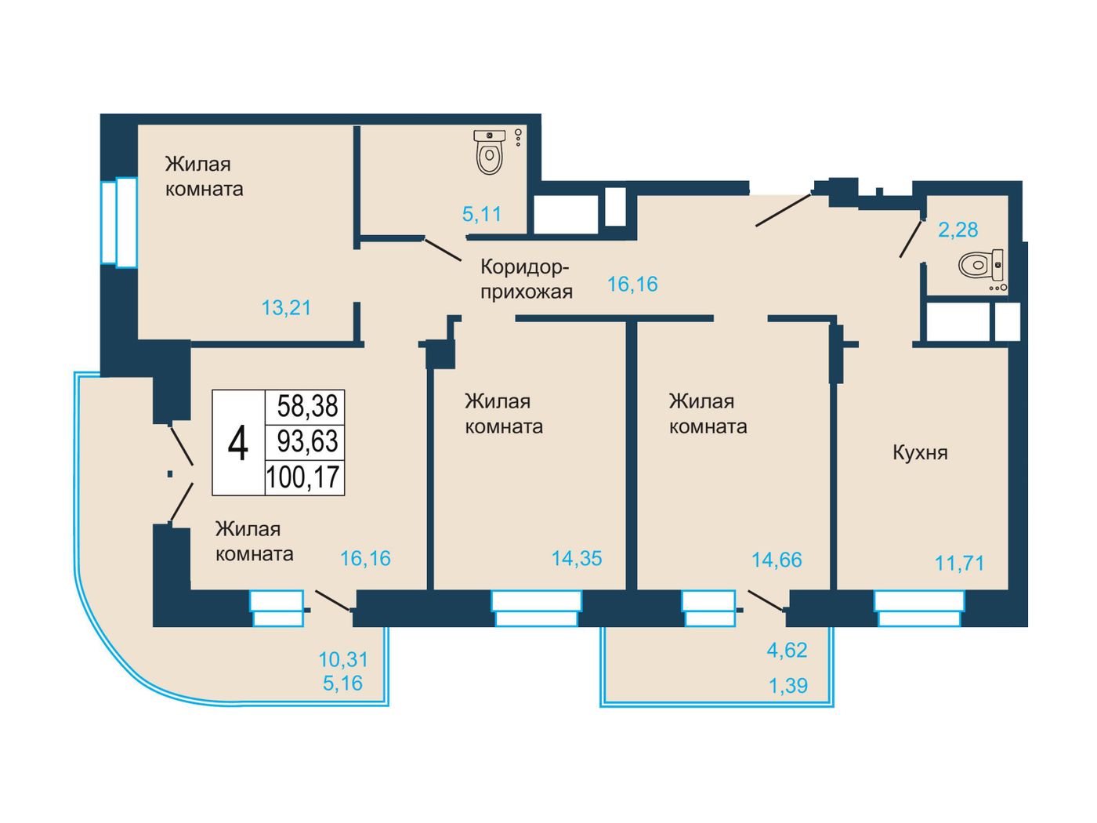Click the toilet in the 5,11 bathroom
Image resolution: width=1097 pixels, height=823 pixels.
[x=489, y=152]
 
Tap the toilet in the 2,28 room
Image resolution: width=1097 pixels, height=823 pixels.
[x=980, y=264]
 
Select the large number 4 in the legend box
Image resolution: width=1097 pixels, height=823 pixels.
[x=238, y=443]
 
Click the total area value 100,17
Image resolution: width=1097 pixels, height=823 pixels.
[x=303, y=477]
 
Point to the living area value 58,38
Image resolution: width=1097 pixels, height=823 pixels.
[x=308, y=405]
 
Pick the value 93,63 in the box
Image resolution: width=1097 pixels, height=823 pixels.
[x=308, y=441]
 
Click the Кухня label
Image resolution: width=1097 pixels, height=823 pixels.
[x=920, y=453]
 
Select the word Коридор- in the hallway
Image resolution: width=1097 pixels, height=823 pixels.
[x=524, y=267]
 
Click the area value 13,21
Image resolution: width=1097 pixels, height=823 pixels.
[x=286, y=307]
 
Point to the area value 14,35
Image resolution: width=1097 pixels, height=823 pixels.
[x=577, y=558]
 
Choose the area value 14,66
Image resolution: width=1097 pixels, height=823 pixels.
[x=777, y=560]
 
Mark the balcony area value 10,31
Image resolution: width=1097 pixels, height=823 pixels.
[x=343, y=659]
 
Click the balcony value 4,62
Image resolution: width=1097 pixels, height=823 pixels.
[x=787, y=650]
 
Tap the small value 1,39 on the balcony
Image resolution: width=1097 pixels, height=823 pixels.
[x=788, y=686]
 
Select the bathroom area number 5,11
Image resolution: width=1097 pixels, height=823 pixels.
[x=481, y=214]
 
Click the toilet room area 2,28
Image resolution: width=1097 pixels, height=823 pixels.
[x=958, y=230]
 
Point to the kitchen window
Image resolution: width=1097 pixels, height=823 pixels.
[x=919, y=608]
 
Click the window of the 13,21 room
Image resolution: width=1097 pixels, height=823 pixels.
[x=119, y=222]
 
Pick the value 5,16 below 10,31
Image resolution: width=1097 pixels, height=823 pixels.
[x=343, y=683]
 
